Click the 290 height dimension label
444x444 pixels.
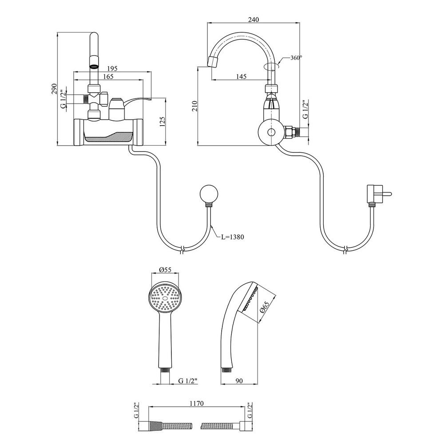pos(54,89)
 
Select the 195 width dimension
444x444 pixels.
pos(112,68)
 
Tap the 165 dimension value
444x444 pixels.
pos(108,76)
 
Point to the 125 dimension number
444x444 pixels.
pos(162,121)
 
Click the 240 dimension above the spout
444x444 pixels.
pos(253,20)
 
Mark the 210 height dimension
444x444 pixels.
pos(194,106)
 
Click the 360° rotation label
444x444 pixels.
pos(296,58)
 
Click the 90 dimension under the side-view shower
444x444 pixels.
pos(239,381)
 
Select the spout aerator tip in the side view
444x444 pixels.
pos(214,62)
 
